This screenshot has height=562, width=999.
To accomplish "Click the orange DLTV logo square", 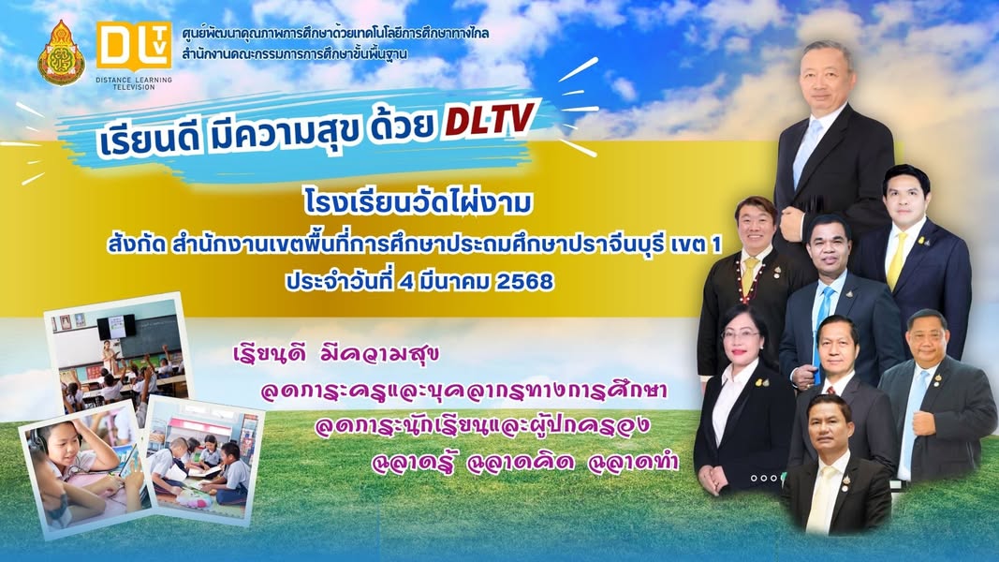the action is click(x=134, y=47).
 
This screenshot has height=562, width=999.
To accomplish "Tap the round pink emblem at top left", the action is click(x=61, y=52).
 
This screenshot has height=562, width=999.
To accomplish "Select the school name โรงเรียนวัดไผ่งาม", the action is click(x=418, y=203).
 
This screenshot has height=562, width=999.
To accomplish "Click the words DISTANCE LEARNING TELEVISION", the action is click(x=134, y=82).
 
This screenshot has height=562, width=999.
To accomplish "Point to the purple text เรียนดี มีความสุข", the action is click(x=336, y=354).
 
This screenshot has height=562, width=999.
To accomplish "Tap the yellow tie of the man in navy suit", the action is click(x=898, y=260).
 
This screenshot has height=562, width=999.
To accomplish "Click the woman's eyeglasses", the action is click(x=741, y=334).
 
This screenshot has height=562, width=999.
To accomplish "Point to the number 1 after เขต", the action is click(x=716, y=244).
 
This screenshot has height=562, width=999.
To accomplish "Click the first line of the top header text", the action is click(x=336, y=32).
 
